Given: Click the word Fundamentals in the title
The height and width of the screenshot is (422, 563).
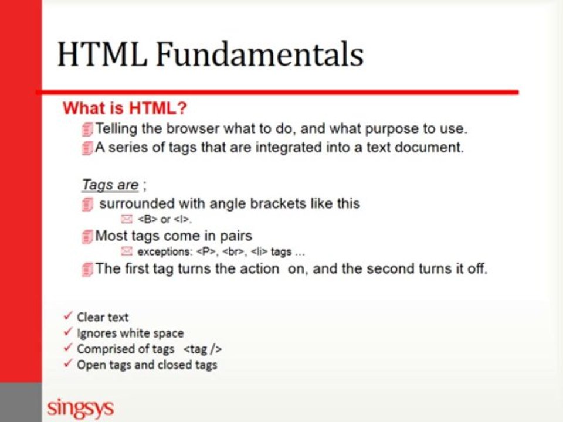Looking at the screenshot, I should point(260,55).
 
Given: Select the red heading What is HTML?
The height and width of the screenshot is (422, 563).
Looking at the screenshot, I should point(124,108).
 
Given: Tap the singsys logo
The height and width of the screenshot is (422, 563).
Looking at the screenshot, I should point(80,407).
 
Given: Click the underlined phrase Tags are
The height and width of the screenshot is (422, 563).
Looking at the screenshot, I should point(110,185).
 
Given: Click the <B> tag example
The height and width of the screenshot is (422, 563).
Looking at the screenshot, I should point(147,220).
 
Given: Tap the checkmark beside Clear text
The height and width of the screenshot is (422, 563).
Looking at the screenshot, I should point(68,316).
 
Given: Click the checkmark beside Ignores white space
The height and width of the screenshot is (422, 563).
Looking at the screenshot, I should point(68,332).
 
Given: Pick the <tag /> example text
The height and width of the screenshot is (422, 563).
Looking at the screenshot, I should point(202,349).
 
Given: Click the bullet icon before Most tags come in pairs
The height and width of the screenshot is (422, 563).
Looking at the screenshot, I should point(87,236).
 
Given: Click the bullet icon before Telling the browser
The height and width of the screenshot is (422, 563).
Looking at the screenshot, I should point(87,128).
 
